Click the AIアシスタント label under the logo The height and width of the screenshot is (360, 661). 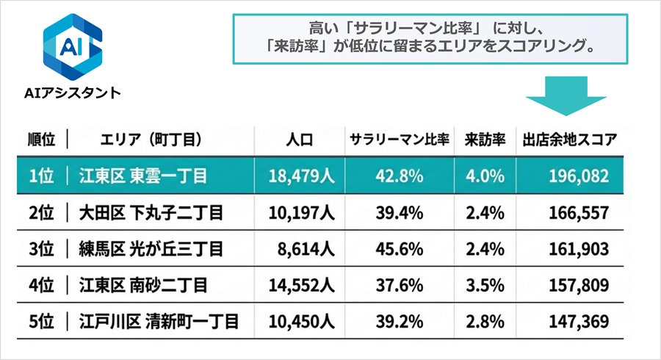(x=71, y=93)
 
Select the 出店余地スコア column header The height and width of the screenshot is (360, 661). (x=569, y=139)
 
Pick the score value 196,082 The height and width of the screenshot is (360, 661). (x=579, y=176)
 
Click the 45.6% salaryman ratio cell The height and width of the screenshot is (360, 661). (x=400, y=249)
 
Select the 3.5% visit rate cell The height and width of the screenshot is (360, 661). (x=484, y=285)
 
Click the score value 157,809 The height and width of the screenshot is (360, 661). (x=579, y=285)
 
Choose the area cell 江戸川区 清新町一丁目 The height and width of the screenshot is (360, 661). (x=160, y=321)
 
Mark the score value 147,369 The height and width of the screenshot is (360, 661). (x=579, y=321)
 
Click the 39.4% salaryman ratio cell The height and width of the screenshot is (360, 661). (x=400, y=213)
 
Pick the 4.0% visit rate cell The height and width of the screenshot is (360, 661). (x=484, y=176)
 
